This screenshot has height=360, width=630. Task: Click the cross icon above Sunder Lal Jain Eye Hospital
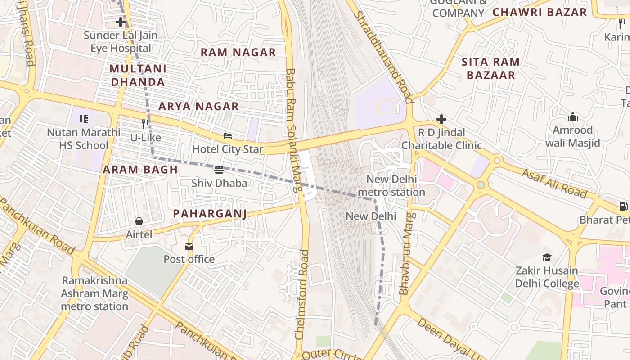tap(120, 22)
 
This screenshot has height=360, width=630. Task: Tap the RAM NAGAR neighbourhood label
tap(238, 52)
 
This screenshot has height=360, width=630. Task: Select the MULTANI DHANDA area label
tap(138, 76)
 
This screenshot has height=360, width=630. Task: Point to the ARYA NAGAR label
tap(198, 106)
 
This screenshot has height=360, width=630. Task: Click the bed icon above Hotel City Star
tap(228, 136)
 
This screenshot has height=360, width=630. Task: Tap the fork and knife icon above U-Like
tap(145, 124)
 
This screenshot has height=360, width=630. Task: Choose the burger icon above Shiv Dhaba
tap(219, 170)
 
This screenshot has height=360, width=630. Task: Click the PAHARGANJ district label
tap(210, 213)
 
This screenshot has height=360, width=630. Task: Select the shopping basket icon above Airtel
tap(139, 221)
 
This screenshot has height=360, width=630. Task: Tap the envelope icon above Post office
tap(189, 246)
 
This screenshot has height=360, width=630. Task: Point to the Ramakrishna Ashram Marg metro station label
tap(95, 293)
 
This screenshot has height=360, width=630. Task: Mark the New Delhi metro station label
tap(391, 185)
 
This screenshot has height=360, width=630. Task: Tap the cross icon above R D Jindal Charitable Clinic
tap(441, 119)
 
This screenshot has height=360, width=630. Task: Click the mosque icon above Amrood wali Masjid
tap(572, 117)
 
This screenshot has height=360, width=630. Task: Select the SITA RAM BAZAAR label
tap(490, 68)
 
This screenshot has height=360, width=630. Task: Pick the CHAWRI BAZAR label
tap(540, 12)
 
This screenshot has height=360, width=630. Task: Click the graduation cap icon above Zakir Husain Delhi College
tap(547, 258)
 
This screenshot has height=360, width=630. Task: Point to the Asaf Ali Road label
tap(554, 183)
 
